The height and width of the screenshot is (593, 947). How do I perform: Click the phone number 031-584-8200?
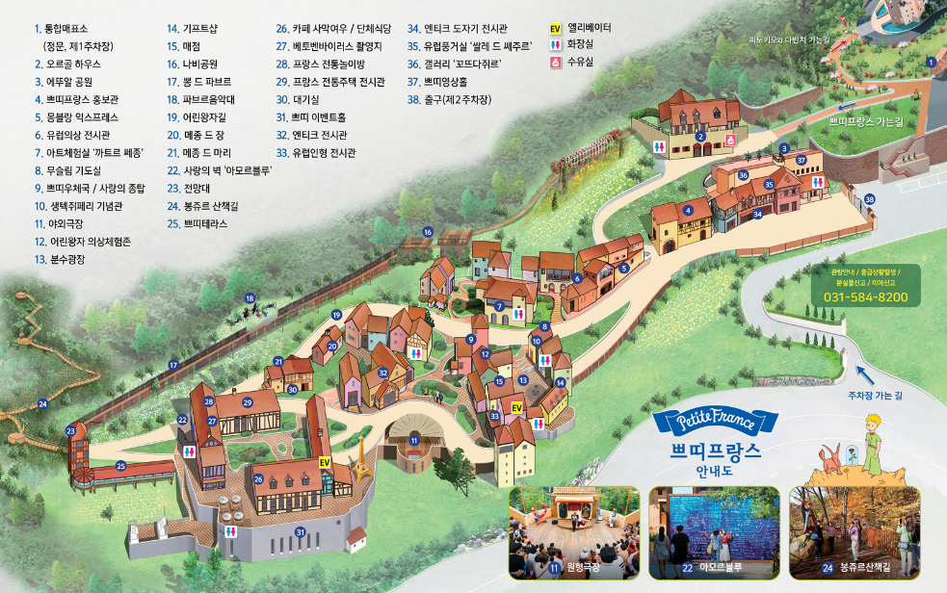pos(865,296)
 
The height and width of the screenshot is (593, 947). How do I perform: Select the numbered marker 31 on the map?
pos(300,531)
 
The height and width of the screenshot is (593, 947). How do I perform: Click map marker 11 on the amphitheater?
pos(414,440)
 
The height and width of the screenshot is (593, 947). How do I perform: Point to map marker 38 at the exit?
pos(870,199)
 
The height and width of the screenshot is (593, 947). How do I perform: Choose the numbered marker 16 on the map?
pos(428,232)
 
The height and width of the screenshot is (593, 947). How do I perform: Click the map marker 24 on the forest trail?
pos(42,404)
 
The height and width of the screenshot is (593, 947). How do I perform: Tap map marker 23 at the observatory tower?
pos(70,431)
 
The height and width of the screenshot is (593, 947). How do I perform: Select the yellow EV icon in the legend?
pos(555,29)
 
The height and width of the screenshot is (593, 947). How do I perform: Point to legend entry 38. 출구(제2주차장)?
pos(456,99)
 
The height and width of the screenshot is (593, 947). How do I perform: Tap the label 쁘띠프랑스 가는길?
pos(866,123)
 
